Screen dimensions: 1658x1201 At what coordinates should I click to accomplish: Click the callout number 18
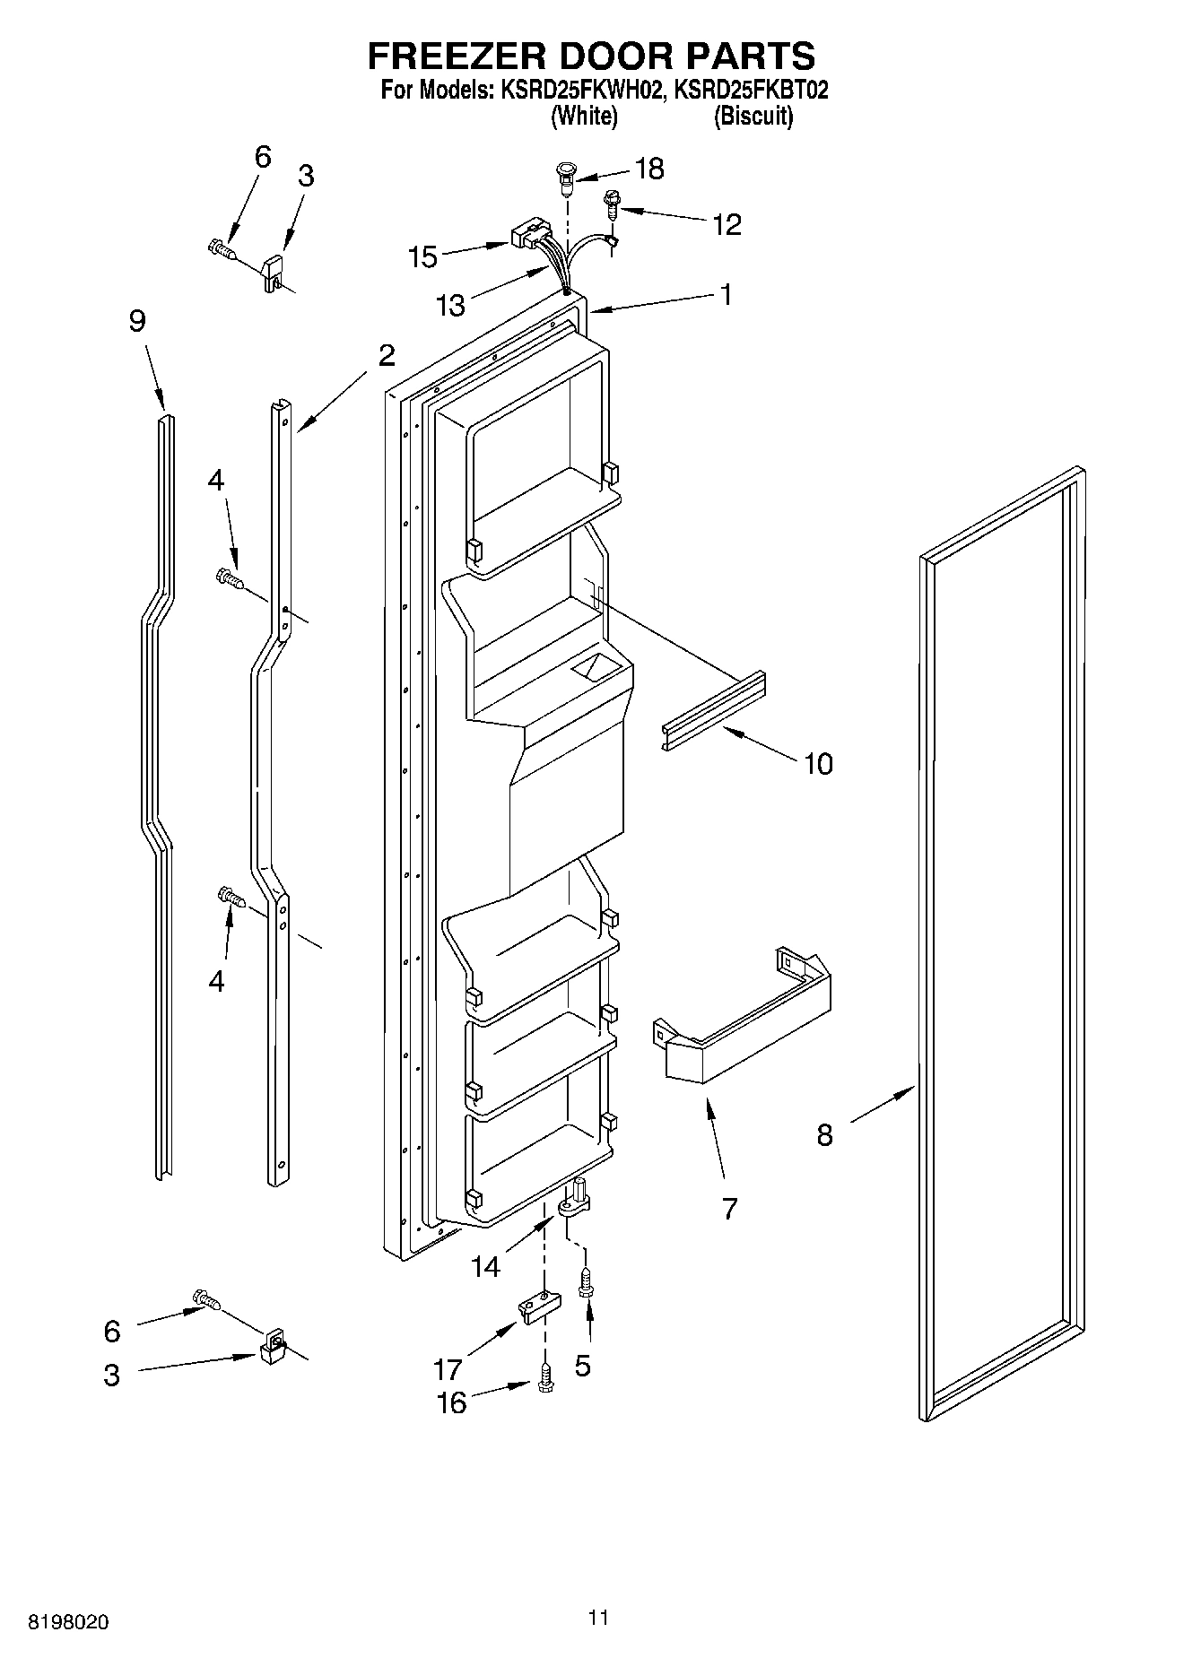649,169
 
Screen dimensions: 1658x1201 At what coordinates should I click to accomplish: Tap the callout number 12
727,224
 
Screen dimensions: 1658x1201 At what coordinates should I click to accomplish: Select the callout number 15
422,257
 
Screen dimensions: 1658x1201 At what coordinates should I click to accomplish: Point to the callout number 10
818,764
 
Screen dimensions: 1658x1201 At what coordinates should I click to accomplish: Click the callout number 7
729,1209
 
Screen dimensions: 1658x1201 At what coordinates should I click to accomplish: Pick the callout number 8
824,1135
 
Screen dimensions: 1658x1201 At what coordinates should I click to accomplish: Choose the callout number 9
136,321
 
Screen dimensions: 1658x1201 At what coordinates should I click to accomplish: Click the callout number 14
485,1266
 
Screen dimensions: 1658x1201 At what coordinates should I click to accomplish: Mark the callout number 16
451,1402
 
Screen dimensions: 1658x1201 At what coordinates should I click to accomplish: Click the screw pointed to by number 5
586,1283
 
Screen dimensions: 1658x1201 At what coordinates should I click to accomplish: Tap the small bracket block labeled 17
536,1307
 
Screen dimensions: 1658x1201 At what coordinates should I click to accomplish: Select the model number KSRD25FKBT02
752,91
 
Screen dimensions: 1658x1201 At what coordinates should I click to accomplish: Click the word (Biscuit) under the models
753,117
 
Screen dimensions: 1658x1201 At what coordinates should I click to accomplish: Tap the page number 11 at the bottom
599,1617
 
